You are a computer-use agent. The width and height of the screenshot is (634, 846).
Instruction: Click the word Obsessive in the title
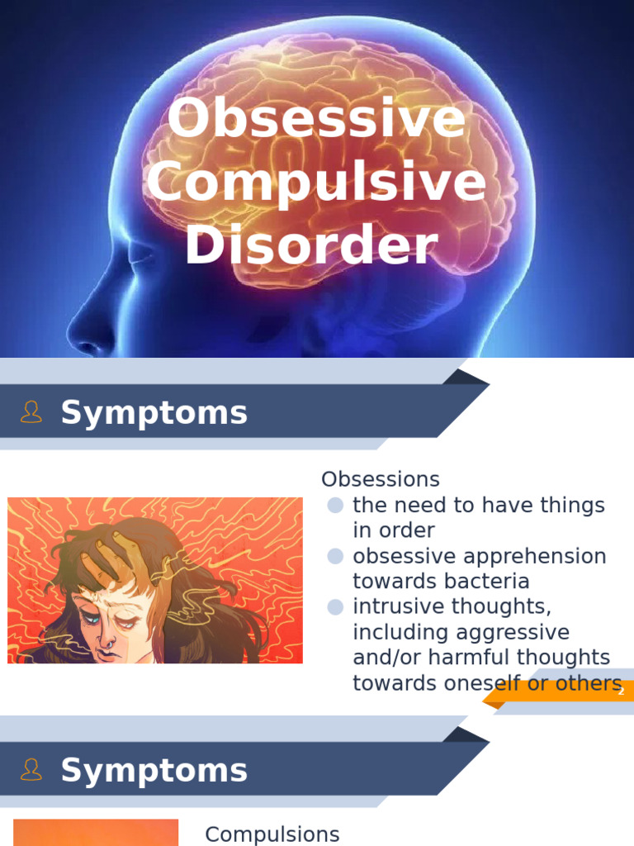click(x=316, y=118)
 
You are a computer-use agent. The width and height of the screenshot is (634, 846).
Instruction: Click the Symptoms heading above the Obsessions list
click(x=154, y=412)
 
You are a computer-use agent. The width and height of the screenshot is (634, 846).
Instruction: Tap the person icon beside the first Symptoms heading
click(x=31, y=412)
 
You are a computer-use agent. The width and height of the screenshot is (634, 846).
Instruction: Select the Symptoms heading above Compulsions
click(x=154, y=770)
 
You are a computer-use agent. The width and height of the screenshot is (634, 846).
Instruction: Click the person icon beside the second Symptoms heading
click(x=31, y=770)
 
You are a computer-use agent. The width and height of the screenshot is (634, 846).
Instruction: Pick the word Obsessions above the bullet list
click(x=380, y=479)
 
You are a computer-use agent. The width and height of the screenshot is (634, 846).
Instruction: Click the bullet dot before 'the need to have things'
click(x=335, y=505)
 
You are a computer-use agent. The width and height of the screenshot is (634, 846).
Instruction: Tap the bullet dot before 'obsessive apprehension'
click(x=335, y=556)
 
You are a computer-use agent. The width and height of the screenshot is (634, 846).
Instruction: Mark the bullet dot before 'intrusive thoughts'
click(x=335, y=607)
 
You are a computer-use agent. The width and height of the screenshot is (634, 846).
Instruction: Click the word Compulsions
click(x=272, y=834)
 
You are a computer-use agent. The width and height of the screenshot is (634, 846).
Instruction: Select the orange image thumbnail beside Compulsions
click(x=96, y=833)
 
